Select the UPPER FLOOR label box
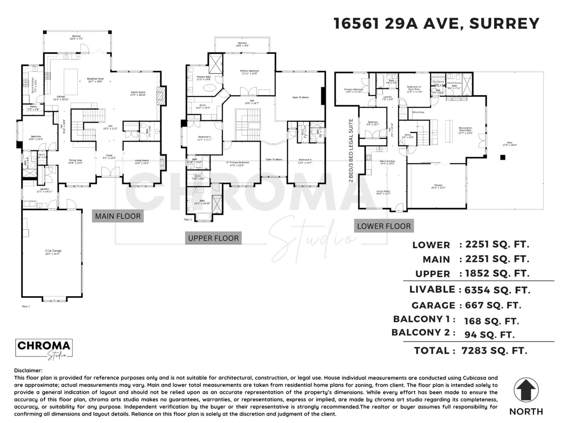pyautogui.click(x=213, y=238)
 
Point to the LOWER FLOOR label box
pyautogui.click(x=384, y=226)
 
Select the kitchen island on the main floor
pyautogui.click(x=71, y=82)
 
